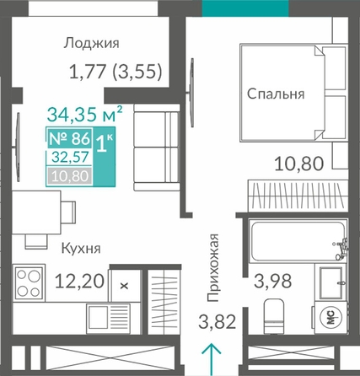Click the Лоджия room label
pyautogui.click(x=91, y=43)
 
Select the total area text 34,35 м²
pyautogui.click(x=85, y=114)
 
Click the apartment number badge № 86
pyautogui.click(x=69, y=138)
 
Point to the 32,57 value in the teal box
pyautogui.click(x=70, y=157)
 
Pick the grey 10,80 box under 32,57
pyautogui.click(x=70, y=176)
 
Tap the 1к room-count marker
pyautogui.click(x=105, y=142)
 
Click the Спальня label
pyautogui.click(x=276, y=94)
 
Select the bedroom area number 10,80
pyautogui.click(x=299, y=164)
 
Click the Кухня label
pyautogui.click(x=81, y=249)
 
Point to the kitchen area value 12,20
pyautogui.click(x=79, y=281)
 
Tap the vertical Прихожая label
pyautogui.click(x=212, y=267)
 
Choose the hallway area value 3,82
pyautogui.click(x=217, y=322)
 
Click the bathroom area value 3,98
pyautogui.click(x=273, y=281)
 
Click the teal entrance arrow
pyautogui.click(x=211, y=359)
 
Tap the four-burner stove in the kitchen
pyautogui.click(x=29, y=283)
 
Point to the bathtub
pyautogui.click(x=298, y=241)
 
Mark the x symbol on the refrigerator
pyautogui.click(x=124, y=286)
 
